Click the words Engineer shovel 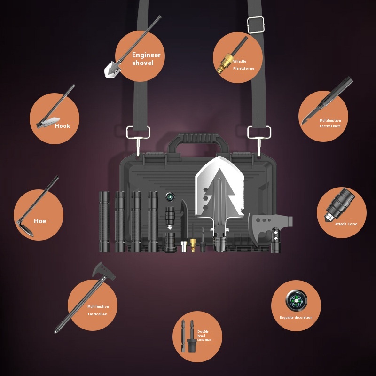pos(146,59)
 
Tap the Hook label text pos(63,126)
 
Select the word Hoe pos(40,221)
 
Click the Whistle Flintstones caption pos(243,65)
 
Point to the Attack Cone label pos(346,224)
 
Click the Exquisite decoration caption pos(296,317)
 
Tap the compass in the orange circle pos(297,301)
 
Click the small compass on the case pos(170,197)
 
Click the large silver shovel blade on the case pos(219,189)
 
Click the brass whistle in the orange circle pos(224,63)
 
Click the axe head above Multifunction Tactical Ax pos(103,271)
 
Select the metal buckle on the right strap pos(256,25)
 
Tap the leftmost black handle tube pos(104,221)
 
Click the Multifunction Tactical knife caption pos(330,123)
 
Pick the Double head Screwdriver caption pos(204,336)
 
